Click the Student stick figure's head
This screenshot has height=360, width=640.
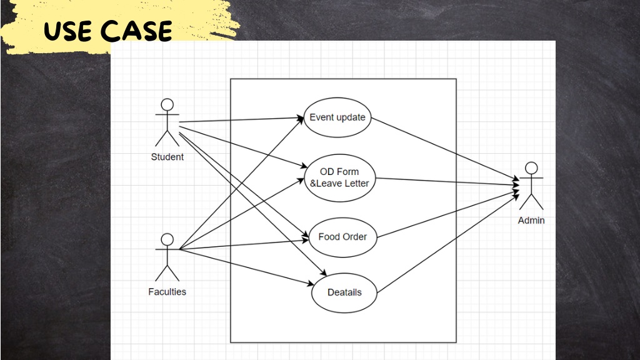pos(167,104)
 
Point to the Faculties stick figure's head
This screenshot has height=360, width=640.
pos(167,239)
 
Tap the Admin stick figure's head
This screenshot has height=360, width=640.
pos(531,168)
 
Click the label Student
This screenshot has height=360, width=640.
pos(167,157)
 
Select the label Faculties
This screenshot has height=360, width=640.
pos(167,292)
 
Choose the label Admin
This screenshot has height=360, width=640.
pos(531,221)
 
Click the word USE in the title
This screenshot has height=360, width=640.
pos(67,31)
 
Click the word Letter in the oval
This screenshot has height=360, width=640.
pos(357,184)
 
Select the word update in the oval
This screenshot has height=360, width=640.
pos(351,117)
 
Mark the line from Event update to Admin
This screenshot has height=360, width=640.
pos(445,149)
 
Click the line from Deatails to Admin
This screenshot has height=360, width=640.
pos(448,244)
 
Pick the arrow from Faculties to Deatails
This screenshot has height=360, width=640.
pos(246,266)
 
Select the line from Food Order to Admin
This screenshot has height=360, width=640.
pos(448,214)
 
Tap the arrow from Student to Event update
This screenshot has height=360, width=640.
pos(242,119)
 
